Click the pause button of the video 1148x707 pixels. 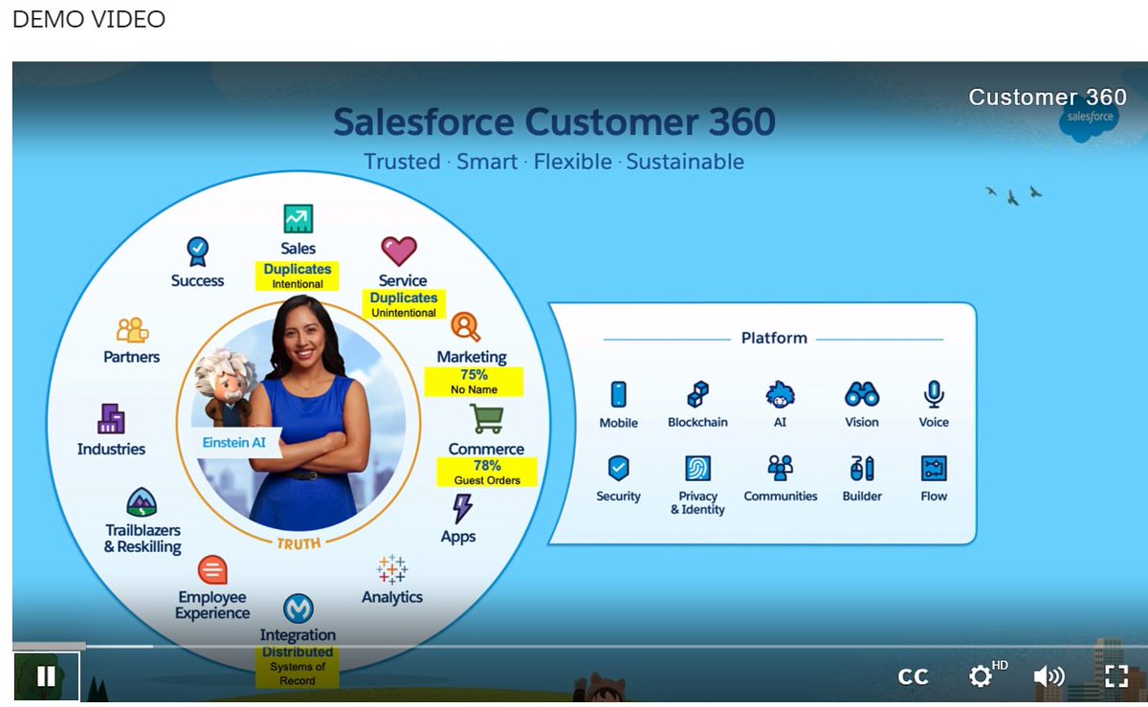(46, 676)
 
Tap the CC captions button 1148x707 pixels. (913, 676)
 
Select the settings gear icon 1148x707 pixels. (981, 676)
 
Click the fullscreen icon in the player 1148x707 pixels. (1116, 676)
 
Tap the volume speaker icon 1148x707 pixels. (1049, 676)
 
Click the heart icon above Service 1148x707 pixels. (399, 251)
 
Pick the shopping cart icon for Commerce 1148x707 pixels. (486, 419)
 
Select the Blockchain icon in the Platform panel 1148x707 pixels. (698, 394)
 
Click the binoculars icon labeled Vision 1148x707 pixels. (862, 394)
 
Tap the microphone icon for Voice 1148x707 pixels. (934, 393)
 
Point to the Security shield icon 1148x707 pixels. (619, 468)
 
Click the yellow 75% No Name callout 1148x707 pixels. (474, 382)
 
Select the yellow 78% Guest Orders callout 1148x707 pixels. (487, 473)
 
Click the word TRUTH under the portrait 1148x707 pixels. (299, 542)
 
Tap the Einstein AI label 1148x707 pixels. (234, 443)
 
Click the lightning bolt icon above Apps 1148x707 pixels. (462, 508)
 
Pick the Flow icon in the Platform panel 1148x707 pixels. (934, 468)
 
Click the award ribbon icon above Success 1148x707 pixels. (197, 252)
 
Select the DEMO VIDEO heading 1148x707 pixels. (89, 19)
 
